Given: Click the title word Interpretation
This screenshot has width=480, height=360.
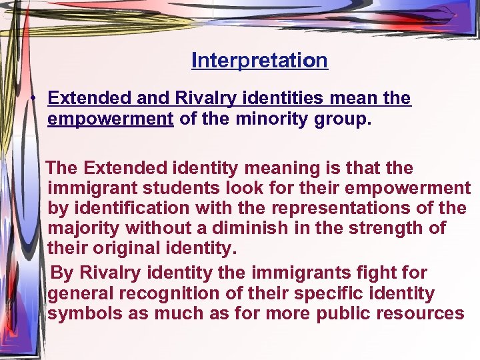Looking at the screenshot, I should (x=259, y=61).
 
